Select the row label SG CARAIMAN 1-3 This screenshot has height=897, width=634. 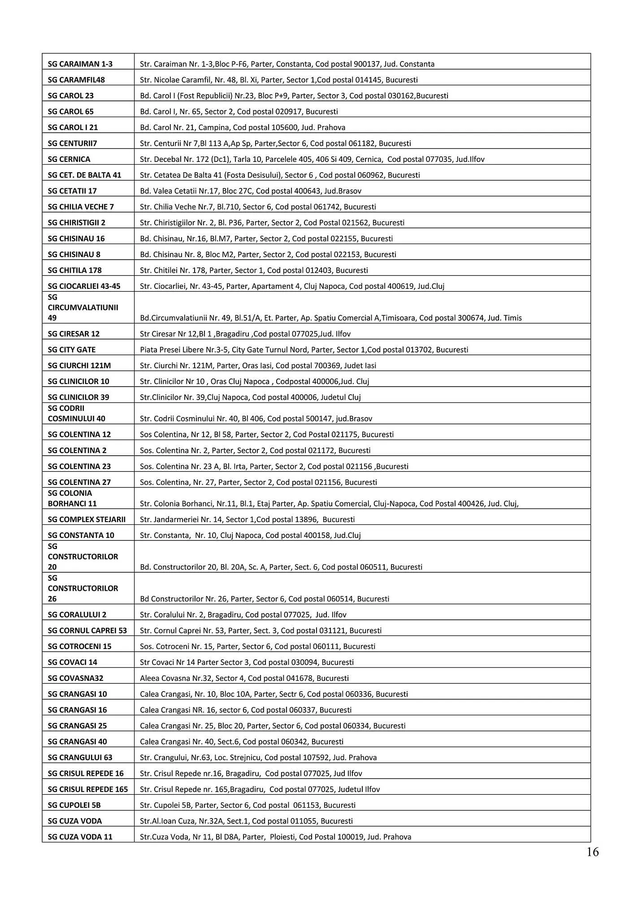tap(80, 64)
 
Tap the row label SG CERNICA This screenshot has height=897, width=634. tap(69, 159)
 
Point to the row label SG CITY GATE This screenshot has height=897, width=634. tap(72, 350)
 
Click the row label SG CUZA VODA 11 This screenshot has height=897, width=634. tap(80, 837)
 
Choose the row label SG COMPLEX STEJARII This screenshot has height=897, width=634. tap(87, 519)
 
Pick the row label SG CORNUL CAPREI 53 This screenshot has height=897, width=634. tap(87, 631)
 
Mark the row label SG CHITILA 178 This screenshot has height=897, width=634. tap(75, 270)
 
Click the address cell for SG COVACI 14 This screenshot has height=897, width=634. tap(247, 662)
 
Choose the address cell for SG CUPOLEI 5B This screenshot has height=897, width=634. tap(248, 805)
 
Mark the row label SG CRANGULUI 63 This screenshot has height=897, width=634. tap(80, 758)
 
